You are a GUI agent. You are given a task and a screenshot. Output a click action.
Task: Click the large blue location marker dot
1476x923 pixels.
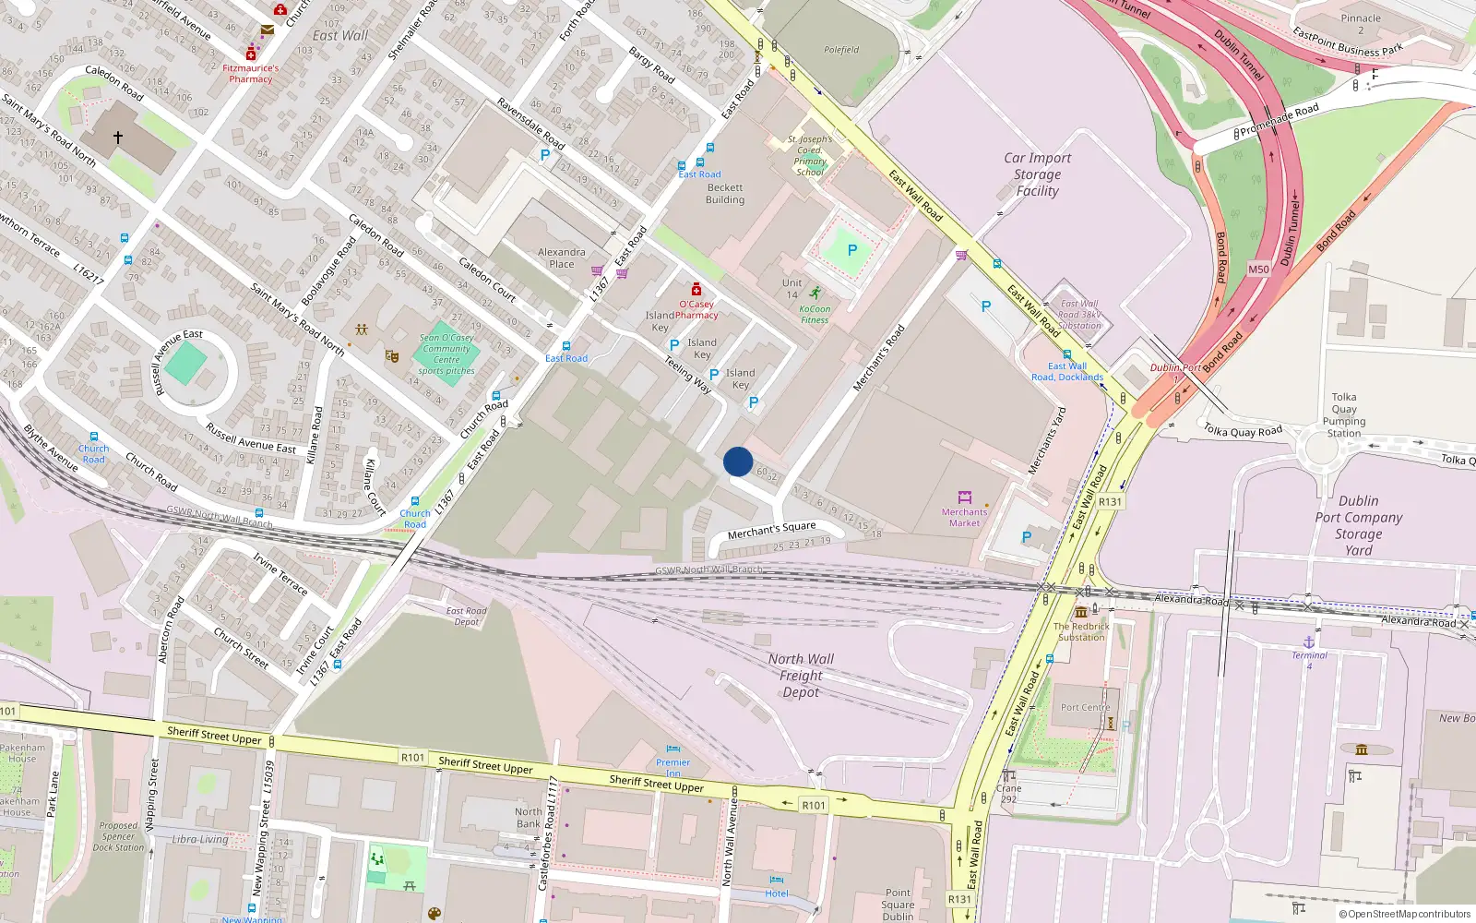[x=738, y=461]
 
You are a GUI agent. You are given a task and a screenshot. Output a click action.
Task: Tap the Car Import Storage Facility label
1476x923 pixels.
[x=1038, y=174]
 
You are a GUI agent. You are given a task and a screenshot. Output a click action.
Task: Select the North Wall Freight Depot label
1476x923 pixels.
[x=801, y=676]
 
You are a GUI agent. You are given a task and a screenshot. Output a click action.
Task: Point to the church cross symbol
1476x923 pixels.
[x=118, y=138]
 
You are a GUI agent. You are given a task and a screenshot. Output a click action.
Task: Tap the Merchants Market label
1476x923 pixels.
[x=964, y=517]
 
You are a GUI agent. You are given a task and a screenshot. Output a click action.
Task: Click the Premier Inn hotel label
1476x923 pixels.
[x=673, y=767]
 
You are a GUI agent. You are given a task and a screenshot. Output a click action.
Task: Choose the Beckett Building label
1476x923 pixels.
[x=725, y=194]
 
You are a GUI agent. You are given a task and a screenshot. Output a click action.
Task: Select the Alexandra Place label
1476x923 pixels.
[x=561, y=258]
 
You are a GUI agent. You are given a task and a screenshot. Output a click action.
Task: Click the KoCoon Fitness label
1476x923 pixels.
[x=815, y=315]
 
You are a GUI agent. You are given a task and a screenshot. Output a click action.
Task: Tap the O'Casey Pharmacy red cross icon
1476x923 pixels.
[x=696, y=290]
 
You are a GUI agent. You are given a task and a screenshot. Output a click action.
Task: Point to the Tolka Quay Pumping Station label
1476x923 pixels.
[x=1344, y=415]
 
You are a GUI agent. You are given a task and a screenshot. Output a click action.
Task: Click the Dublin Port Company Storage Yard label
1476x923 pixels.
[x=1359, y=525]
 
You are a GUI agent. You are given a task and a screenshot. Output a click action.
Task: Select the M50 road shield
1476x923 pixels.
[x=1258, y=270]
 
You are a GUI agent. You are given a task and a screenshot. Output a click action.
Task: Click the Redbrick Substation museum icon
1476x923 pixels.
[x=1081, y=612]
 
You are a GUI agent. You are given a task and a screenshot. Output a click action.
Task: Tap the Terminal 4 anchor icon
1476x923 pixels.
[x=1308, y=641]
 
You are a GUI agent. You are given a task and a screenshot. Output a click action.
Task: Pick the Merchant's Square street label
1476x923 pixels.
[x=771, y=530]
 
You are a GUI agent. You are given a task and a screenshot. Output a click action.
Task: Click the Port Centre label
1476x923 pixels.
[x=1085, y=708]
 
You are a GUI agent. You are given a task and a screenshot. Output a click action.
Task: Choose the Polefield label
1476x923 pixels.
[x=841, y=50]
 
